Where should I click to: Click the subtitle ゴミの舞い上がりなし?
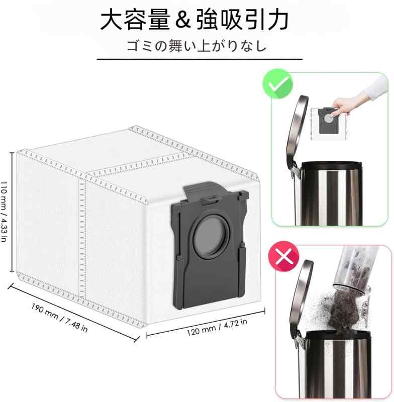click(x=196, y=46)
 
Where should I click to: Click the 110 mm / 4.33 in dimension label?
click(x=5, y=211)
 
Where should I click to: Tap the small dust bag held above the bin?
click(x=327, y=120)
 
